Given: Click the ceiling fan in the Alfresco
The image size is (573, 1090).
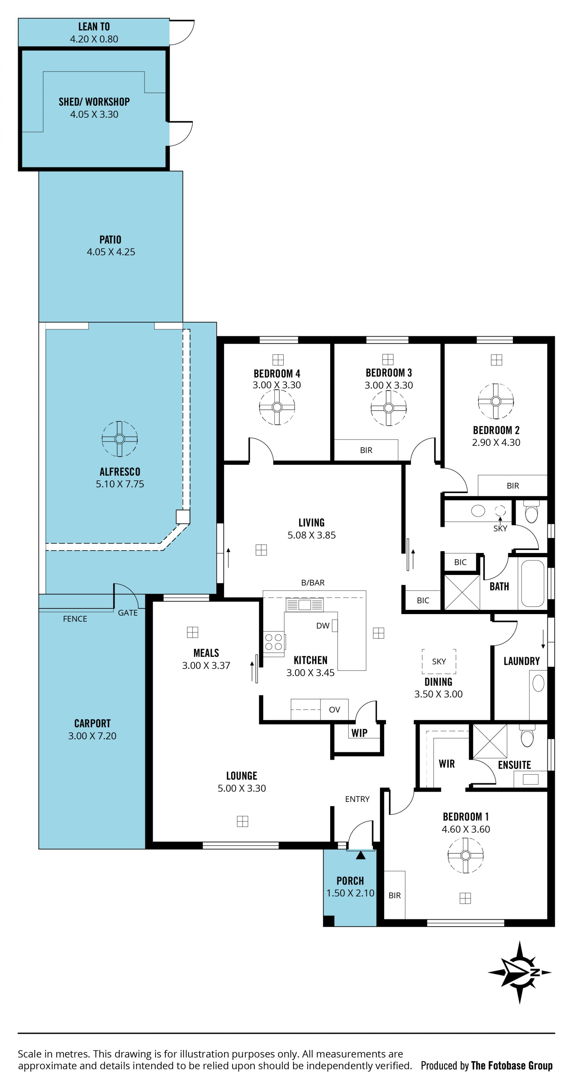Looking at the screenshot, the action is (x=119, y=439).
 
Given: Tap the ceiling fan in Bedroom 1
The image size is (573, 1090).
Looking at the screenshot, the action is (x=466, y=855).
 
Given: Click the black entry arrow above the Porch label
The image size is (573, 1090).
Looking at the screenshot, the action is (x=361, y=855).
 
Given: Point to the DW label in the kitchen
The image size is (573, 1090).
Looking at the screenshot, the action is (x=323, y=626).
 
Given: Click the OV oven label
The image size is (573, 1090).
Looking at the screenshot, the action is (x=335, y=709).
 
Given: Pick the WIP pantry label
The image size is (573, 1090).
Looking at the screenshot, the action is (x=359, y=733).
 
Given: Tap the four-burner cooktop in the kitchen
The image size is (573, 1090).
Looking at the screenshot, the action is (x=274, y=642).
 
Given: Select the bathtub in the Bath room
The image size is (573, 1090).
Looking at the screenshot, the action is (x=533, y=584).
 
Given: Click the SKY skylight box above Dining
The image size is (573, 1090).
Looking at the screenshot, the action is (x=439, y=661).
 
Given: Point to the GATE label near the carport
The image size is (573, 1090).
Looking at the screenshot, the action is (x=128, y=613).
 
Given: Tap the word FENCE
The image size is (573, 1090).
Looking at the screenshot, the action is (x=75, y=619).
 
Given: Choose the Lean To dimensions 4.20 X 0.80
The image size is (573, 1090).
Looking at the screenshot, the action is (x=94, y=39).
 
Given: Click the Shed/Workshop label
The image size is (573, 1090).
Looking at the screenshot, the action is (x=94, y=102).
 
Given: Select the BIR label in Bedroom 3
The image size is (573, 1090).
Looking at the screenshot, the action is (x=366, y=450).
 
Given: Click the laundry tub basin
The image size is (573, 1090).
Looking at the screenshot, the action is (x=538, y=683).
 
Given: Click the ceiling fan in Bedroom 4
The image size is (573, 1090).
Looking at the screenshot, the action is (x=277, y=407).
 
